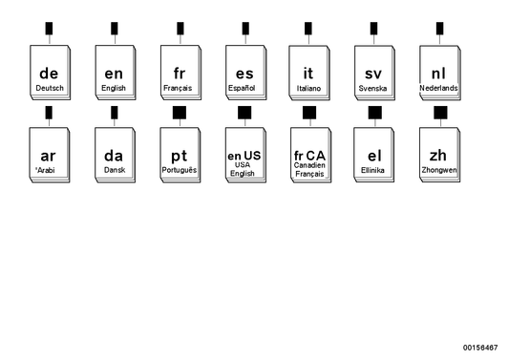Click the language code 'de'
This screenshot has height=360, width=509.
[50, 73]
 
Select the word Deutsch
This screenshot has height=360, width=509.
[50, 88]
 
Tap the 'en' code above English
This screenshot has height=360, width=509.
[114, 73]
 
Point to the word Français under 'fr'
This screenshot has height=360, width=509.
[178, 88]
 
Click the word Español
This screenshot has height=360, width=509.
[243, 88]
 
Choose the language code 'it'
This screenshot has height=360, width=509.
[308, 73]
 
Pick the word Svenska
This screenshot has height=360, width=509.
[373, 88]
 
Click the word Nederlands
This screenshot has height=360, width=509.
[438, 88]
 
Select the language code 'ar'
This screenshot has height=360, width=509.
[50, 155]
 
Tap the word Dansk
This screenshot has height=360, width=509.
[115, 170]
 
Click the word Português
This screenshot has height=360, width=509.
[179, 170]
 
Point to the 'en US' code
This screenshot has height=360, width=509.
[243, 155]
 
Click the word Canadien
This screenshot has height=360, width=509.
[308, 165]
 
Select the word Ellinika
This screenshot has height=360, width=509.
[373, 170]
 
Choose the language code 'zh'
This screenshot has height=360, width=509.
[438, 155]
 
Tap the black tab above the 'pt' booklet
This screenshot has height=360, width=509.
[179, 113]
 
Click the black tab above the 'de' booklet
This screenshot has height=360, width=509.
[50, 29]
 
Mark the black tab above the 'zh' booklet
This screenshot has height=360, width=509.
[439, 113]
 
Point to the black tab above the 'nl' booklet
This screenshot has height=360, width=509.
[439, 29]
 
